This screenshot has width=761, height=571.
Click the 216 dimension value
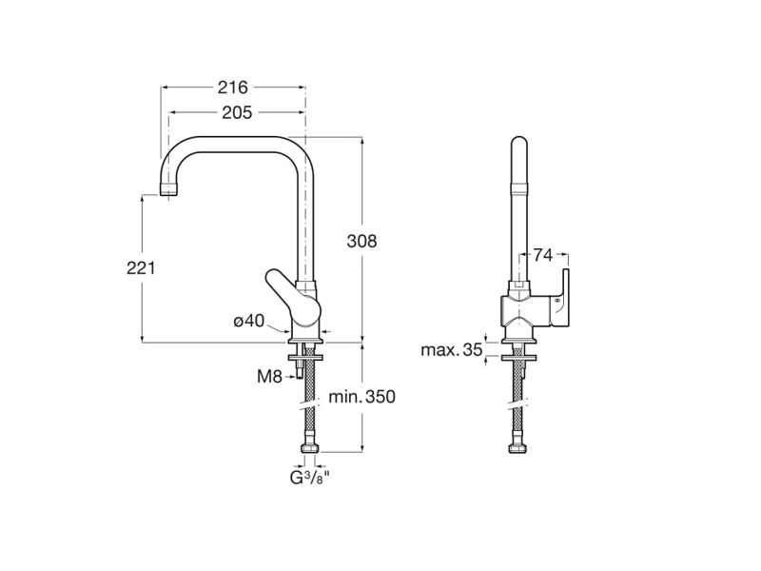click(232, 88)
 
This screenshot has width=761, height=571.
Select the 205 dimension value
click(237, 112)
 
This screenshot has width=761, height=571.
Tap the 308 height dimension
click(361, 241)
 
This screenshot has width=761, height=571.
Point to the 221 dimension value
click(141, 267)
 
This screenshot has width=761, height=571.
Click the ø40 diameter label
click(249, 321)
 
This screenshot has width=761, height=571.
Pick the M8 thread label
click(269, 376)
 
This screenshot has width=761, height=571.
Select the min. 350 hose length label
click(362, 397)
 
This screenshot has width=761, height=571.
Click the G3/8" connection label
click(310, 478)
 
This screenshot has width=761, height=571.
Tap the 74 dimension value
click(543, 255)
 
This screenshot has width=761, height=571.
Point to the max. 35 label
click(452, 349)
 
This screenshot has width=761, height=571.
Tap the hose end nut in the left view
click(309, 448)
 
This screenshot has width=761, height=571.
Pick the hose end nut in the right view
click(518, 448)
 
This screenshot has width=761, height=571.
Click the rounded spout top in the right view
click(519, 147)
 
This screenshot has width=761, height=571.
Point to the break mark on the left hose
click(310, 404)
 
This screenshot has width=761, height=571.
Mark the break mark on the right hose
click(518, 404)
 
